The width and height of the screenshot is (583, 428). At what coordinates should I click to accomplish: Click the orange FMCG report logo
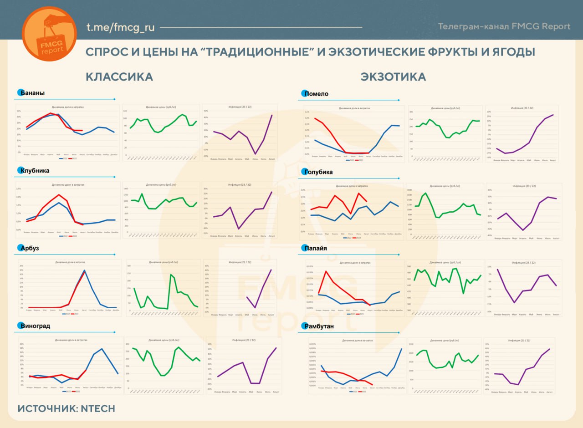click(49, 34)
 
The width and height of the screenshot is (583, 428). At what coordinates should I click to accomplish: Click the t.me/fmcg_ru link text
click(121, 27)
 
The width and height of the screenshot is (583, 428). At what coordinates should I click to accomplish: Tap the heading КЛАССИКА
click(119, 77)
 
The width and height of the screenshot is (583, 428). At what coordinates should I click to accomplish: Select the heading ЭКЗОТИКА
click(393, 77)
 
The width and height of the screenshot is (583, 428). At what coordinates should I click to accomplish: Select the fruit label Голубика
click(320, 172)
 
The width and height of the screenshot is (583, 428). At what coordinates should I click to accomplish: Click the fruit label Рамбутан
click(319, 326)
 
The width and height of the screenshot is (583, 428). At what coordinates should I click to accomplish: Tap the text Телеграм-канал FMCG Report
click(504, 26)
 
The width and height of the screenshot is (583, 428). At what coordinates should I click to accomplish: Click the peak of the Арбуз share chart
click(84, 270)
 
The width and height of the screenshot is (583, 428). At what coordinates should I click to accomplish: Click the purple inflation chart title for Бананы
click(240, 107)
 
